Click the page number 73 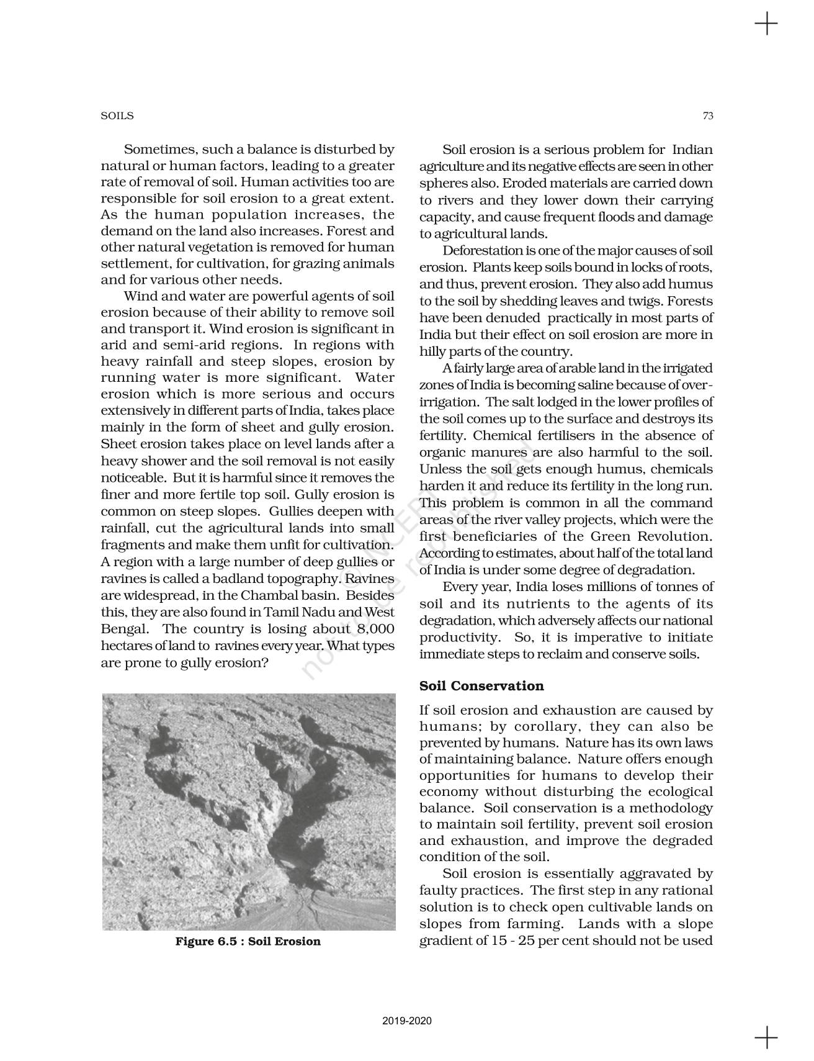pos(708,115)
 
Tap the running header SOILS pos(117,116)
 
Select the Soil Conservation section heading pos(481,686)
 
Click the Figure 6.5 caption pos(248,941)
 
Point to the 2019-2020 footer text pos(407,1021)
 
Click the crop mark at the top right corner pos(766,24)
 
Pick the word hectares pos(125,646)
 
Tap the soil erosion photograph pos(249,811)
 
